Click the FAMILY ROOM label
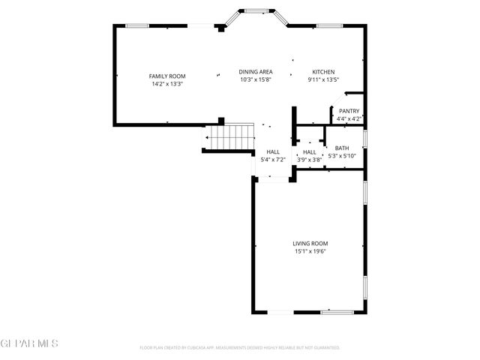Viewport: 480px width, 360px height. [166, 76]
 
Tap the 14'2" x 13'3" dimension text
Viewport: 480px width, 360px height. [166, 84]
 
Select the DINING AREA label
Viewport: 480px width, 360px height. [255, 72]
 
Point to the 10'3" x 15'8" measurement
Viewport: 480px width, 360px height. [255, 79]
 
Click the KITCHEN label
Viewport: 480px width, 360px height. [323, 72]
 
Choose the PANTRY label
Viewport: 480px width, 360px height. [349, 111]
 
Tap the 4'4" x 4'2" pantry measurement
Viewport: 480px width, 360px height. [349, 118]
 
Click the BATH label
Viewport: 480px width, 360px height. [342, 148]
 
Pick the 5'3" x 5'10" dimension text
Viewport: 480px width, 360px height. [342, 156]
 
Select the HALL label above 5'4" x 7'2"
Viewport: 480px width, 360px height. [272, 152]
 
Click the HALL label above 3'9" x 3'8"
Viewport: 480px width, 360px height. [309, 152]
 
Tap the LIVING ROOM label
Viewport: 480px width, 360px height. [310, 243]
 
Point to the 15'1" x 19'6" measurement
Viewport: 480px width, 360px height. [310, 251]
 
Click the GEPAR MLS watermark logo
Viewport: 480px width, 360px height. [29, 343]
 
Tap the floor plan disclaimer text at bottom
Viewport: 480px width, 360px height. [240, 348]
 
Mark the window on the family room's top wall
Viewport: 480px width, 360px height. [136, 26]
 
